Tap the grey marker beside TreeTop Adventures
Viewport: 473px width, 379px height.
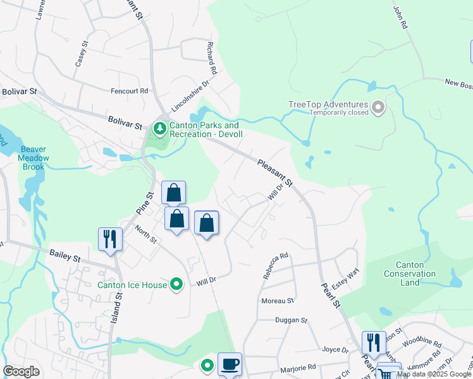point(378,107)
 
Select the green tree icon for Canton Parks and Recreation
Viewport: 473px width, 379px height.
point(160,129)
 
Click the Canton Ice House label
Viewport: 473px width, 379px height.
point(132,285)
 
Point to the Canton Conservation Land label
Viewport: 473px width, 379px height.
point(410,274)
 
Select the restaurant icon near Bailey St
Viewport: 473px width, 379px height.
point(110,239)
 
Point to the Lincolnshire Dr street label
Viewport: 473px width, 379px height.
point(190,93)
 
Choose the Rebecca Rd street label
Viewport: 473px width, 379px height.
point(276,266)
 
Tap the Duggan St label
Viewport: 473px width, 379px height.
point(291,321)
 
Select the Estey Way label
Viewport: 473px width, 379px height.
point(345,280)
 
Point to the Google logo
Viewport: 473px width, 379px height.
point(21,371)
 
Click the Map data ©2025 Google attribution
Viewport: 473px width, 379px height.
point(434,374)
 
